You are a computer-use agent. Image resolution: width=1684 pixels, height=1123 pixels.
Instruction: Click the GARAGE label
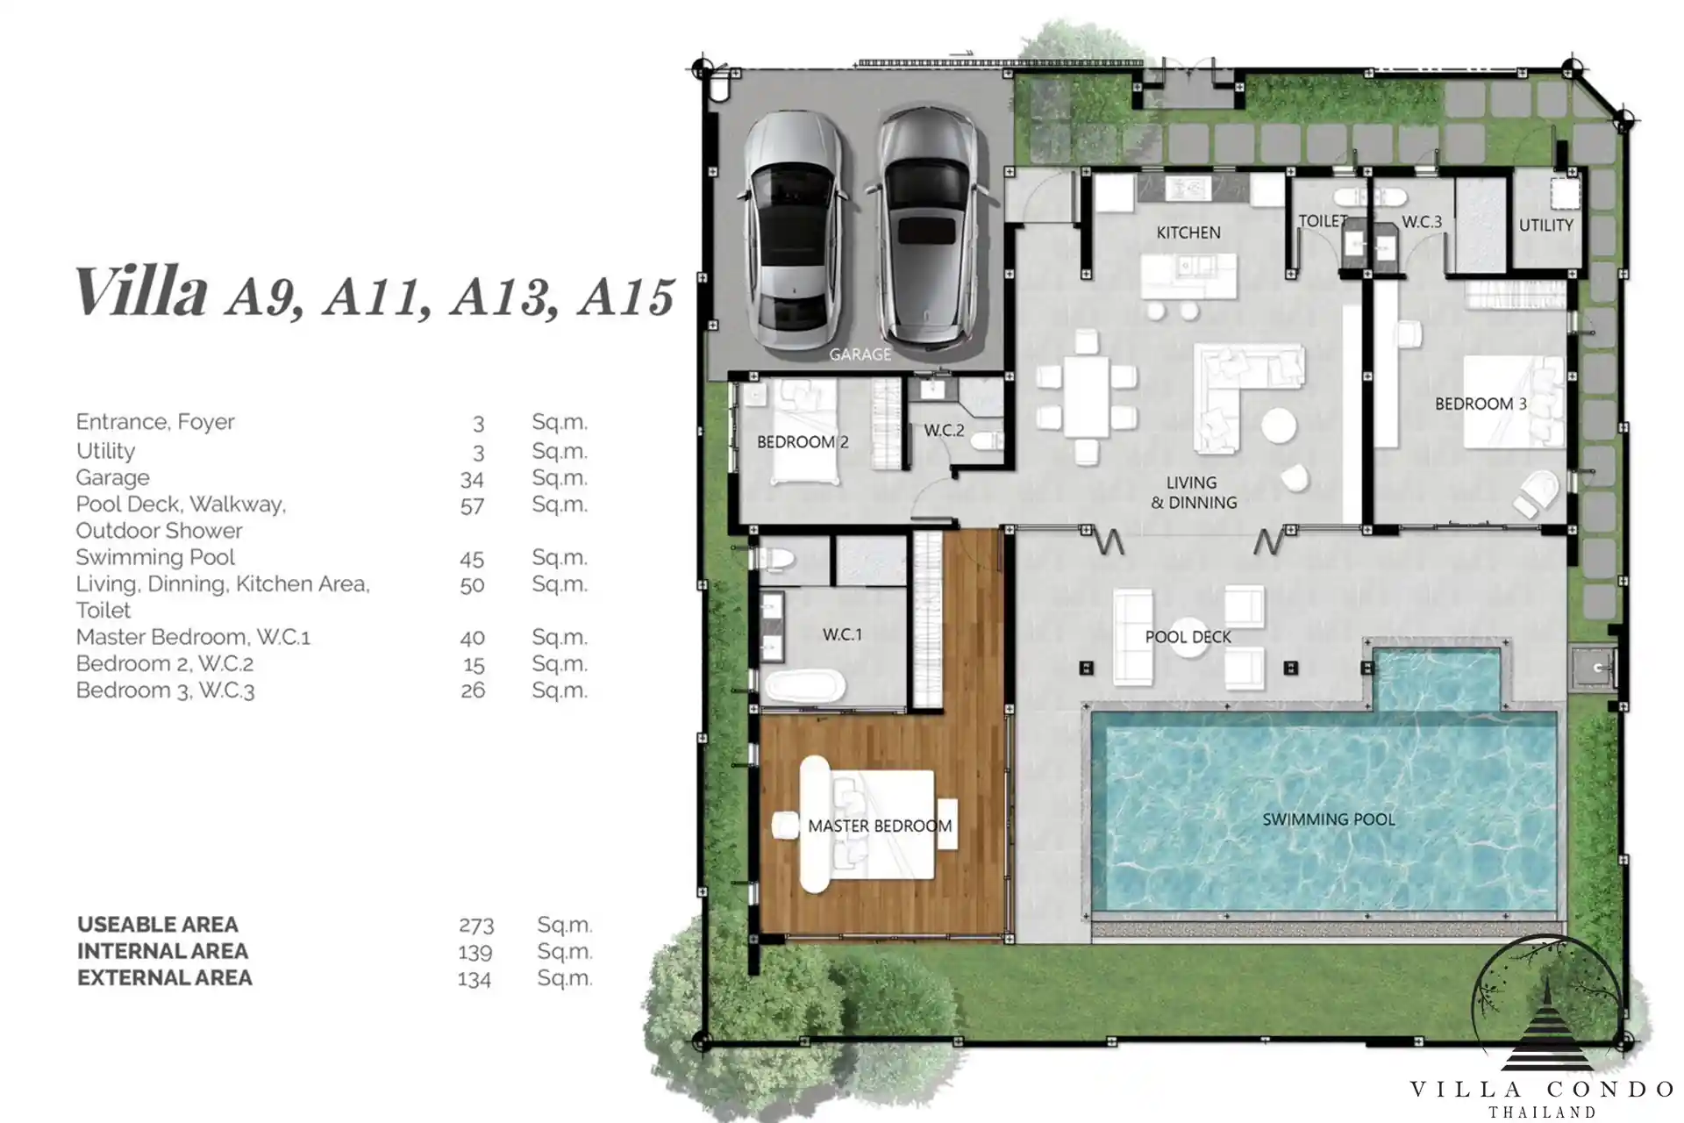[x=860, y=354]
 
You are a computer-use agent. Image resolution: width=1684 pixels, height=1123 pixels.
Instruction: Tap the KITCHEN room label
[x=1188, y=232]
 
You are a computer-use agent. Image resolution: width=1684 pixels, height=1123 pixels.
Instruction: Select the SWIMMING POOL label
[x=1328, y=819]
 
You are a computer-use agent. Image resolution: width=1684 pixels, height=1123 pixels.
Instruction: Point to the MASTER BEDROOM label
[x=880, y=826]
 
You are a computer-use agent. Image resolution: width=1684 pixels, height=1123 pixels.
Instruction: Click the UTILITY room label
[x=1545, y=225]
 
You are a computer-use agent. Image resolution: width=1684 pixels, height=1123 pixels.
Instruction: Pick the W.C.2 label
[x=944, y=431]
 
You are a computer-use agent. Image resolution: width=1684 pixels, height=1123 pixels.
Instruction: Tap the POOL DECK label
[x=1188, y=637]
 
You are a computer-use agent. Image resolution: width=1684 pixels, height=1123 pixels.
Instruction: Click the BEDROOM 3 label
[x=1481, y=404]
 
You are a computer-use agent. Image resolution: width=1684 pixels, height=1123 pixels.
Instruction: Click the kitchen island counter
[x=1188, y=276]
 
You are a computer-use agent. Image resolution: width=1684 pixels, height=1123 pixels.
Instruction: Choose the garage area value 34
[x=472, y=479]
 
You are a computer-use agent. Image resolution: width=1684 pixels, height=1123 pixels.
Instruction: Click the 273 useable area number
[x=476, y=926]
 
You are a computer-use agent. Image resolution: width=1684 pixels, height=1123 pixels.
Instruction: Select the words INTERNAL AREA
[x=162, y=951]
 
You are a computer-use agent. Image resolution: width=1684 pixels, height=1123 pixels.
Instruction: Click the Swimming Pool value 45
[x=472, y=559]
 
